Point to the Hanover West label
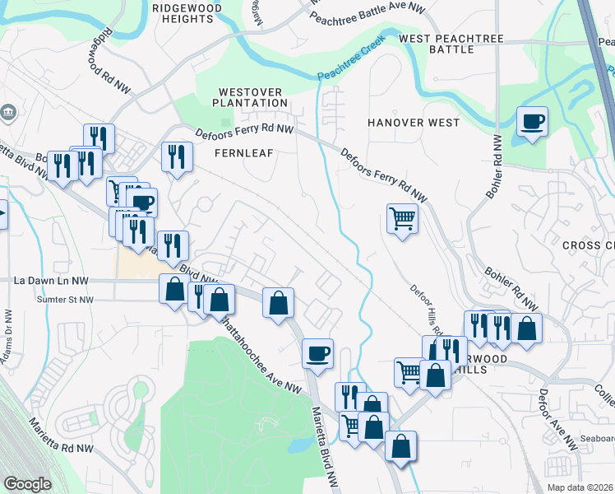[x=414, y=123]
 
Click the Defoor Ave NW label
[x=558, y=420]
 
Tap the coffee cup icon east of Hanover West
[x=532, y=123]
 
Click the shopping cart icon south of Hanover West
[x=402, y=219]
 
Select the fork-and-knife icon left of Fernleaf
[x=177, y=156]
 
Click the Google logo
[x=28, y=485]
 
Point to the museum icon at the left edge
[x=8, y=112]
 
